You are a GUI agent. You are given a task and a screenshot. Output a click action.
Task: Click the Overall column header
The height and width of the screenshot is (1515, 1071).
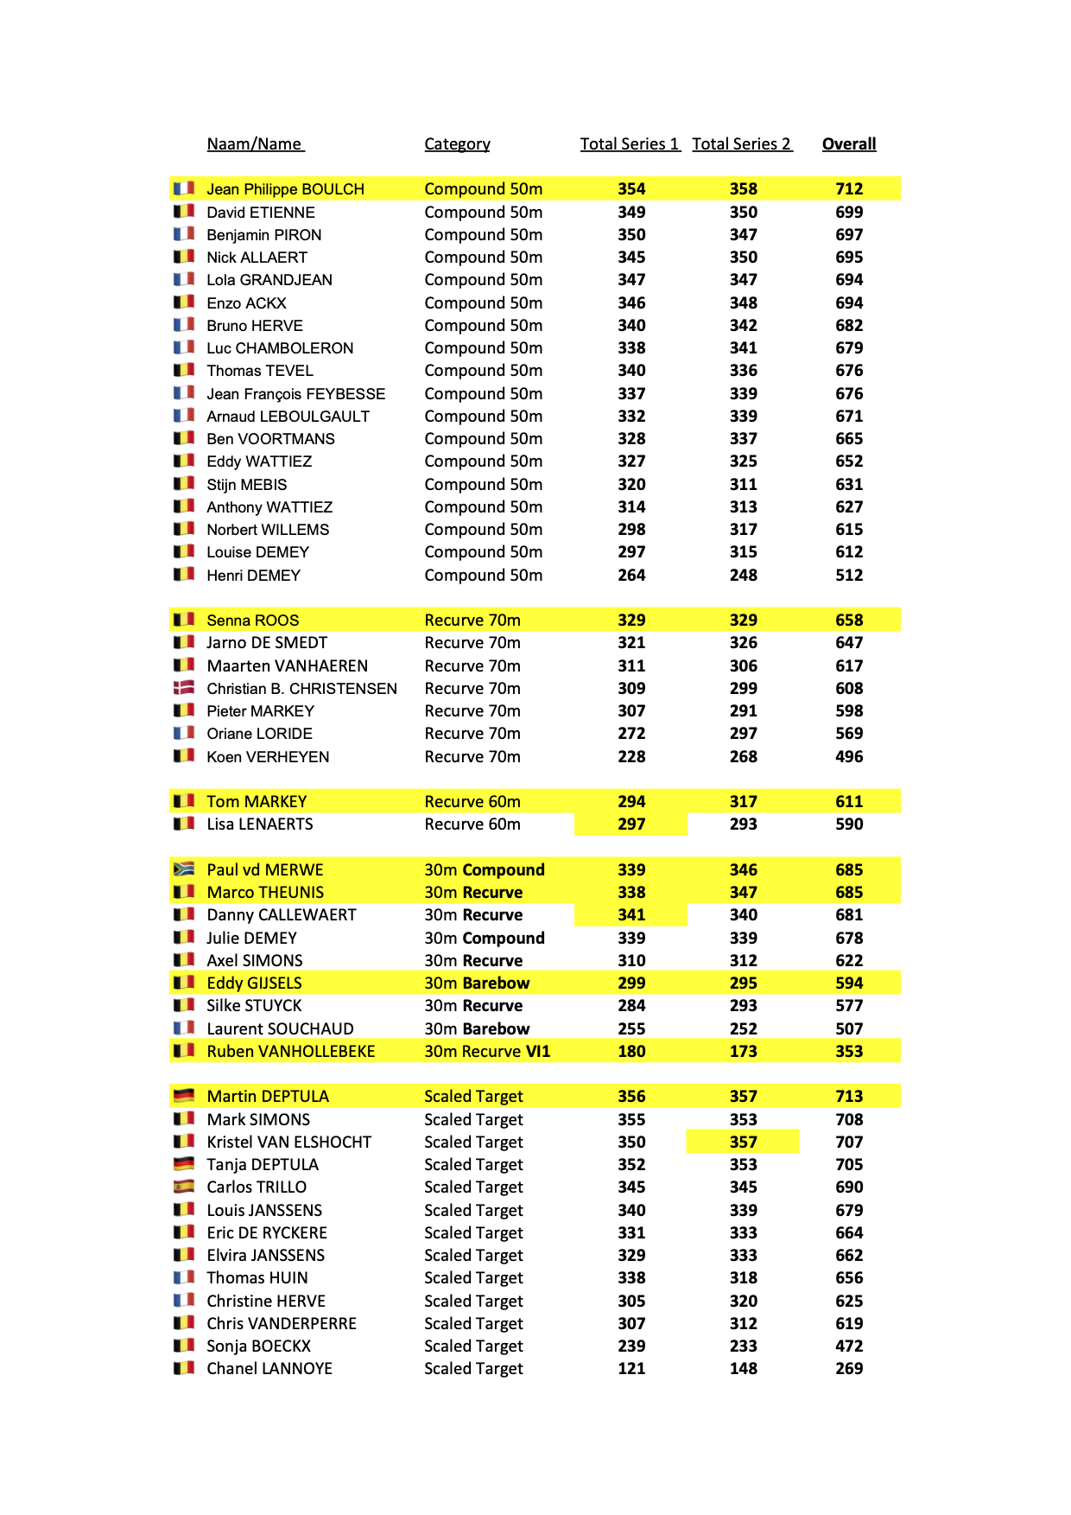pyautogui.click(x=848, y=144)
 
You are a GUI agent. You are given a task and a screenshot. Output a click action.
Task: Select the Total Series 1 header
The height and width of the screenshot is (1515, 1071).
pyautogui.click(x=629, y=144)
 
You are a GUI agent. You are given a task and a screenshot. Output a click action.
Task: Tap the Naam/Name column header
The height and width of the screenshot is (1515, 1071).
pyautogui.click(x=255, y=144)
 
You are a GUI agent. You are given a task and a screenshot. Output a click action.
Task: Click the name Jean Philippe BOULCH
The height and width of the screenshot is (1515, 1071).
pyautogui.click(x=285, y=189)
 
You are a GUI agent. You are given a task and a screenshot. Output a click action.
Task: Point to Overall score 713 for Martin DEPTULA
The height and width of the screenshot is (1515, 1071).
pyautogui.click(x=848, y=1096)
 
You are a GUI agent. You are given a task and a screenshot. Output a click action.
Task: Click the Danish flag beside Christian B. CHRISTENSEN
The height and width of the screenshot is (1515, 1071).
pyautogui.click(x=184, y=688)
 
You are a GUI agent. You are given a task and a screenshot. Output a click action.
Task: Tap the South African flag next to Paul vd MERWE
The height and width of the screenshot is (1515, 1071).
pyautogui.click(x=184, y=869)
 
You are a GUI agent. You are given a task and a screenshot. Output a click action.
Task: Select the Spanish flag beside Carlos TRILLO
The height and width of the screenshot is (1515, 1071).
pyautogui.click(x=184, y=1187)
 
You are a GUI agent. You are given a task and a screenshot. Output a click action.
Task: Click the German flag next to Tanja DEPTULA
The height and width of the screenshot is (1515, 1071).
pyautogui.click(x=184, y=1164)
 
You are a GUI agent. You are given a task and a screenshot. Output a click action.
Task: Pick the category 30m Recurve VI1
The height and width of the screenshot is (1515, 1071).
pyautogui.click(x=486, y=1051)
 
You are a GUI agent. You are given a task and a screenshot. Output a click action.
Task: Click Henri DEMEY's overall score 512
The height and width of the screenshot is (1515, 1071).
pyautogui.click(x=848, y=575)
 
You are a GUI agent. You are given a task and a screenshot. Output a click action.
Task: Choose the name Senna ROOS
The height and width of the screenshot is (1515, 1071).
pyautogui.click(x=252, y=621)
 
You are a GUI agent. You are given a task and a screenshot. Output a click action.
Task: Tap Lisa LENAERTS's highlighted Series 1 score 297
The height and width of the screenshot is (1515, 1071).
pyautogui.click(x=631, y=824)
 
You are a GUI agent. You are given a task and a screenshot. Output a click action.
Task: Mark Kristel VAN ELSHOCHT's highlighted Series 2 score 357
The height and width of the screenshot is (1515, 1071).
pyautogui.click(x=743, y=1142)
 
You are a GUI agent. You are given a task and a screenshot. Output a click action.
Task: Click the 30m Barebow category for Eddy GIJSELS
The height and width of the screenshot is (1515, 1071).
pyautogui.click(x=477, y=983)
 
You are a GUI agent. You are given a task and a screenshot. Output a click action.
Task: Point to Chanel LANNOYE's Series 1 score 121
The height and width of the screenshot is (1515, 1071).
pyautogui.click(x=631, y=1368)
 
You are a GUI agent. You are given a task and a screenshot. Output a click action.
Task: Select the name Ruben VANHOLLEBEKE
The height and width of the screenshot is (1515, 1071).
pyautogui.click(x=290, y=1051)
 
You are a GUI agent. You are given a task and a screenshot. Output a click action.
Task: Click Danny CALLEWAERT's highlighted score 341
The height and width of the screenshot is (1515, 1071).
pyautogui.click(x=631, y=914)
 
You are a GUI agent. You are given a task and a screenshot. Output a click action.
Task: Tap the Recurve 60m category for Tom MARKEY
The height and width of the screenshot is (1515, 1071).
pyautogui.click(x=472, y=801)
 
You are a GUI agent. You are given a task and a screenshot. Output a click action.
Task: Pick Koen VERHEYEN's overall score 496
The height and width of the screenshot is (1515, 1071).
pyautogui.click(x=848, y=756)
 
